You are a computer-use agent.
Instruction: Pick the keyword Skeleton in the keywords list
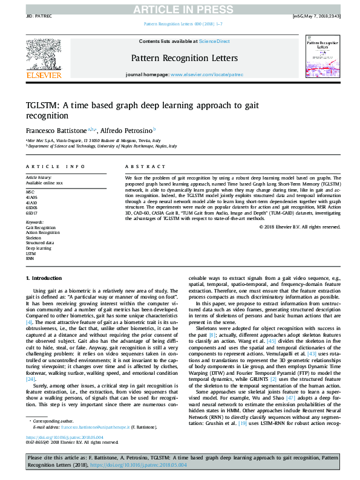(33, 238)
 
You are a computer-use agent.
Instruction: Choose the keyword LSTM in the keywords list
(30, 253)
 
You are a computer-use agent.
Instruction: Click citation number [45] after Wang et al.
(272, 340)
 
